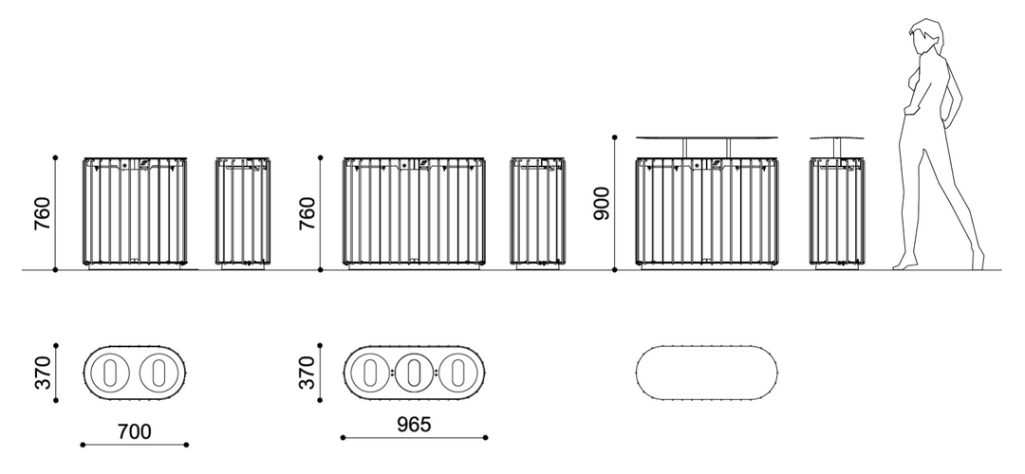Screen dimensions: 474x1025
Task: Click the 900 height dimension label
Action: pyautogui.click(x=600, y=203)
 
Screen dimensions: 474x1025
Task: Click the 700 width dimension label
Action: pyautogui.click(x=135, y=432)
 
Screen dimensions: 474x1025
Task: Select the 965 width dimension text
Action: pyautogui.click(x=413, y=425)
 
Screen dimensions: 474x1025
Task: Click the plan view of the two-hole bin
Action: pyautogui.click(x=134, y=372)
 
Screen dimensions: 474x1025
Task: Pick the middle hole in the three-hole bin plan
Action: pyautogui.click(x=414, y=372)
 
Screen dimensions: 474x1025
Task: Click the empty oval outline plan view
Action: pyautogui.click(x=706, y=373)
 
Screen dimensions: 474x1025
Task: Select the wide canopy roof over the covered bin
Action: pyautogui.click(x=706, y=137)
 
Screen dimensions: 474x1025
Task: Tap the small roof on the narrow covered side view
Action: pyautogui.click(x=837, y=138)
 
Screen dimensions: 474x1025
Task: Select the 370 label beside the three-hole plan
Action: pyautogui.click(x=306, y=373)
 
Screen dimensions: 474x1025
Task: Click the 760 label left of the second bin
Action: pyautogui.click(x=306, y=213)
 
